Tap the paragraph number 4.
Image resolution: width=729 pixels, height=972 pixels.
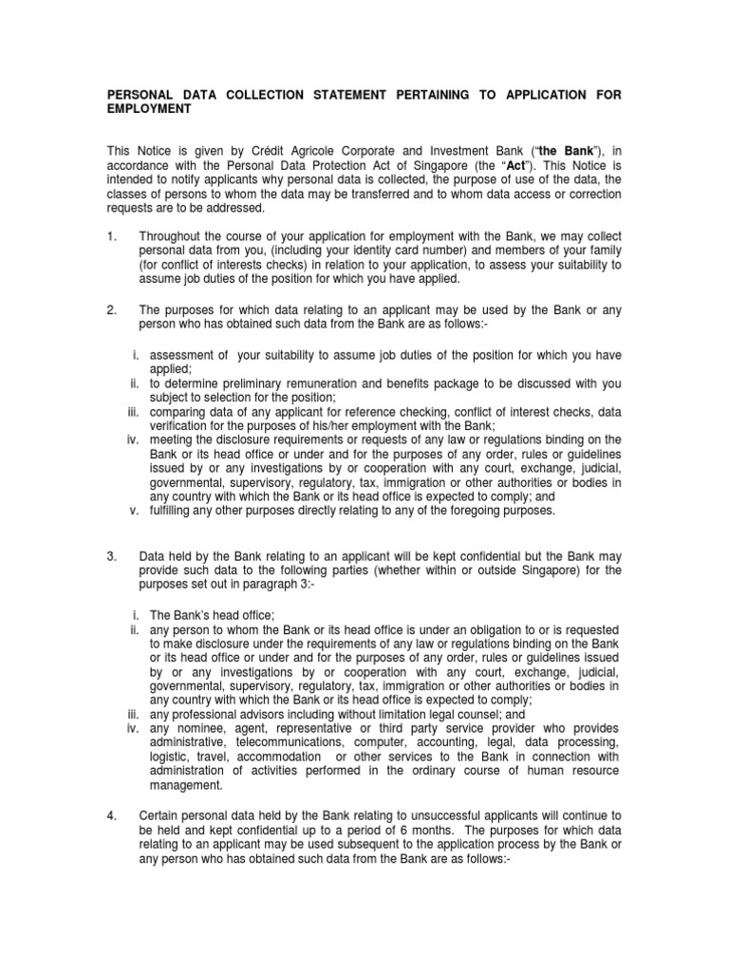pyautogui.click(x=109, y=815)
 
